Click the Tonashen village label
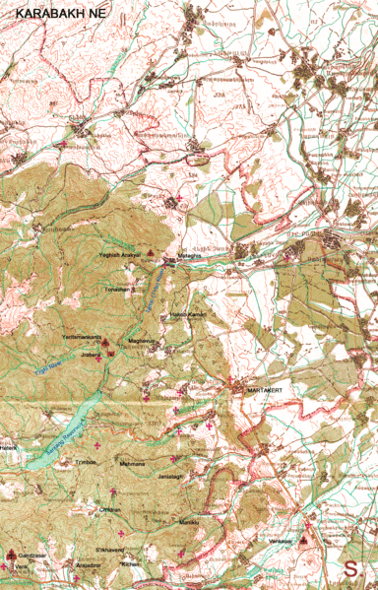117,291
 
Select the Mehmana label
132,463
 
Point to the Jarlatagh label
170,476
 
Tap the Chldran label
109,508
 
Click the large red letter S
351,568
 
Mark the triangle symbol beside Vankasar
303,541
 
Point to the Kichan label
131,562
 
